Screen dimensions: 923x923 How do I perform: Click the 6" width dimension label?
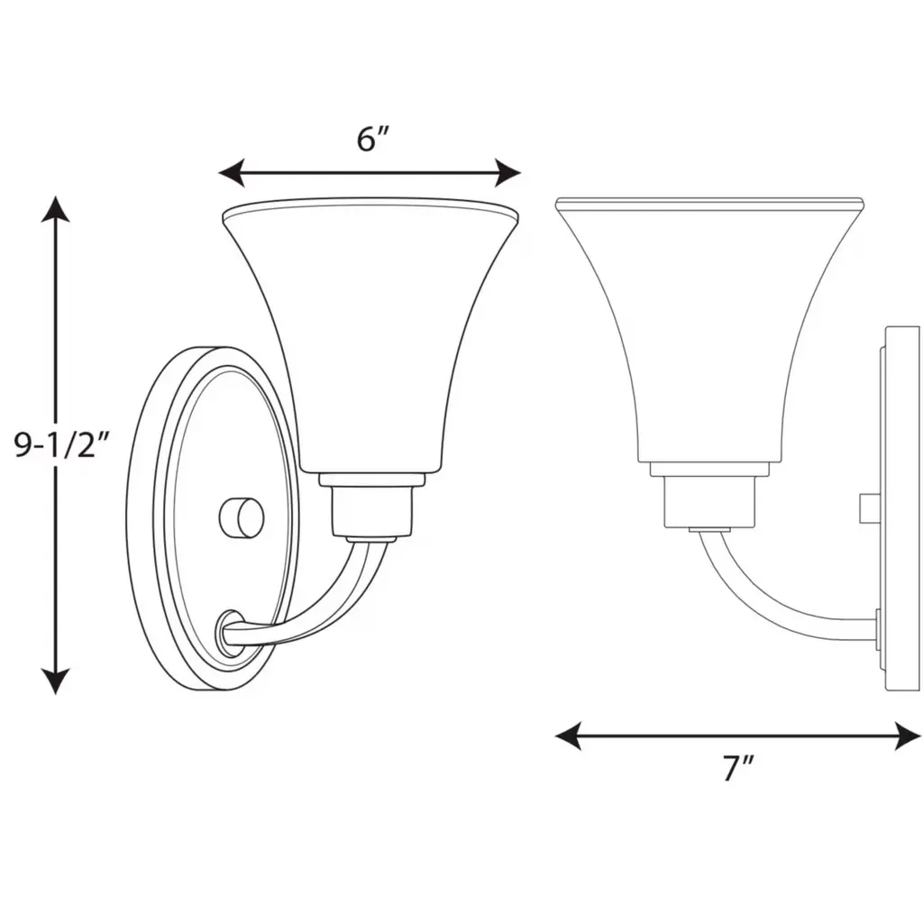pyautogui.click(x=373, y=140)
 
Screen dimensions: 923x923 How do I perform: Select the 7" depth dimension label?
pyautogui.click(x=738, y=767)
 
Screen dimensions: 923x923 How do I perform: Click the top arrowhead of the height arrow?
pyautogui.click(x=56, y=209)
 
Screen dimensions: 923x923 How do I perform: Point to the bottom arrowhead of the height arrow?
pyautogui.click(x=56, y=681)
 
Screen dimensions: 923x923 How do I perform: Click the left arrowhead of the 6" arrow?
pyautogui.click(x=232, y=173)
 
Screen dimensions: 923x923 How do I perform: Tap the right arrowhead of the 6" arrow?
pyautogui.click(x=508, y=173)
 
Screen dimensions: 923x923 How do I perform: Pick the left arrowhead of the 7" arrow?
pyautogui.click(x=569, y=736)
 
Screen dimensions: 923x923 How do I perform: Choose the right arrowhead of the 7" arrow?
pyautogui.click(x=908, y=736)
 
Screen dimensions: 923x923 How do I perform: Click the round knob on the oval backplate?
pyautogui.click(x=242, y=518)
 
